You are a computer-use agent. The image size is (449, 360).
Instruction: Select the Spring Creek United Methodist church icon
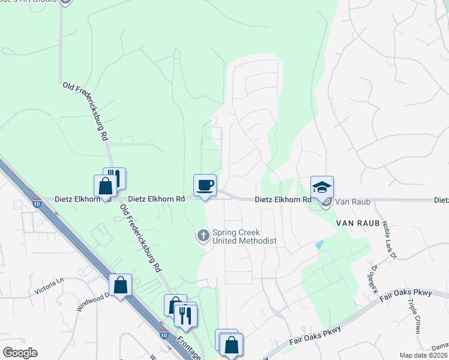(203, 236)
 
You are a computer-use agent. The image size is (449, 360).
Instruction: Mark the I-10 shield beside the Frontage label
(164, 335)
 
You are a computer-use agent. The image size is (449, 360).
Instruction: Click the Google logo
(20, 353)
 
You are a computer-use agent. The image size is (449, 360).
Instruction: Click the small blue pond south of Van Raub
(318, 245)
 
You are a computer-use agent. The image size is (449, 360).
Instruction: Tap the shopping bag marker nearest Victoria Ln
(120, 286)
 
